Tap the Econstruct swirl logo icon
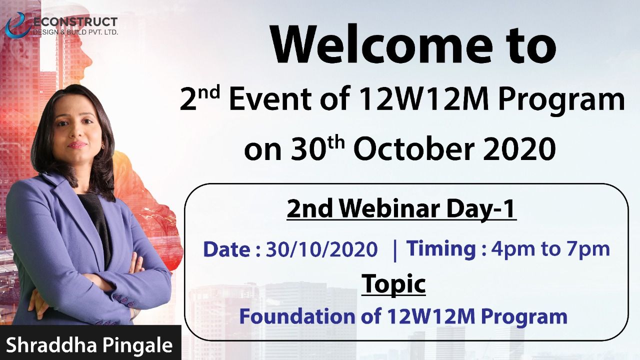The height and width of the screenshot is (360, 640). [17, 25]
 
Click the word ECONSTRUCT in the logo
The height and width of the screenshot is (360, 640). [75, 22]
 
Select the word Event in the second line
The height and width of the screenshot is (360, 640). [270, 99]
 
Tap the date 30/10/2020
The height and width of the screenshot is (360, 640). [322, 249]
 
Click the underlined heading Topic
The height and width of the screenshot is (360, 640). [393, 284]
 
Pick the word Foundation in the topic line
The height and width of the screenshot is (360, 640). [297, 316]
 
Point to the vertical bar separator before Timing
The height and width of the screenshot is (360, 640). [395, 250]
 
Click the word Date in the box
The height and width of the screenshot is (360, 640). [227, 249]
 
